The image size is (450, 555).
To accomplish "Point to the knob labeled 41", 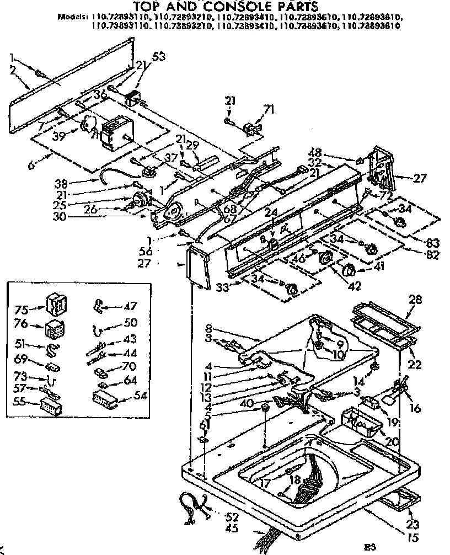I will tap(349, 270).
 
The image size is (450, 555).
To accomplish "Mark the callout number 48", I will tap(346, 154).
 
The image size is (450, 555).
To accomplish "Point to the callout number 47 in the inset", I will tap(130, 306).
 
